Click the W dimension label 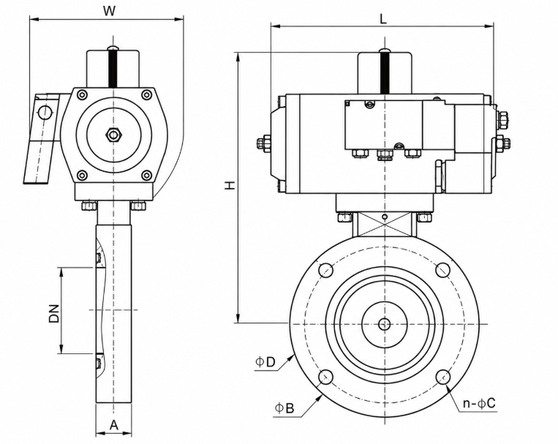[x=110, y=11]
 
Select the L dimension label [x=383, y=19]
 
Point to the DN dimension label [x=54, y=313]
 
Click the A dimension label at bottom [x=113, y=424]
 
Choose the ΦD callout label [x=265, y=362]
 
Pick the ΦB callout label [x=284, y=408]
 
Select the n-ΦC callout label [x=479, y=404]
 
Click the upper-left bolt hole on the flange [x=326, y=269]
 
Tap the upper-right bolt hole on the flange [x=443, y=269]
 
